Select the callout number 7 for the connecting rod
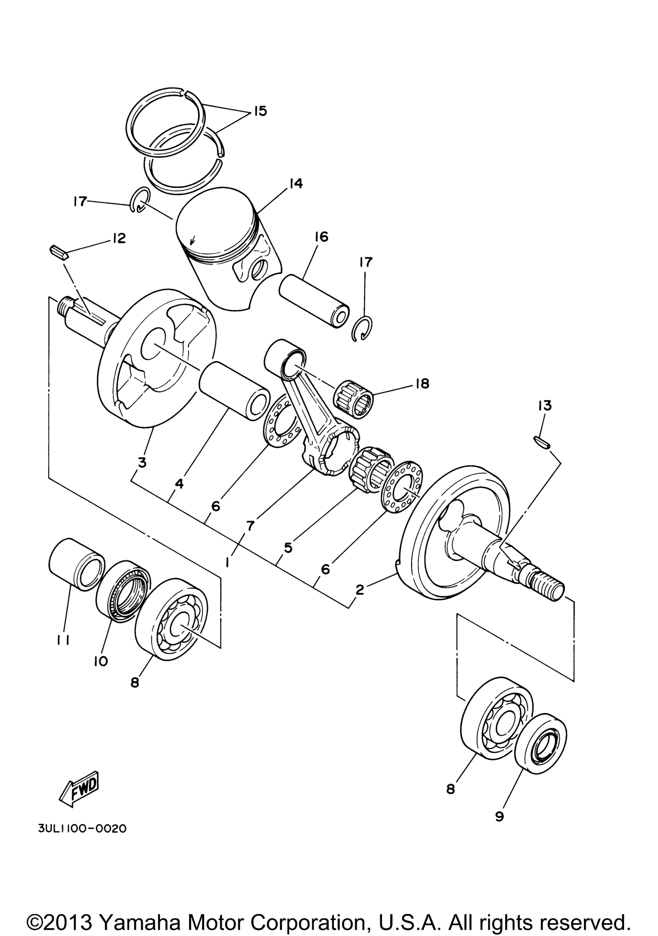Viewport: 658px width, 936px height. (x=250, y=525)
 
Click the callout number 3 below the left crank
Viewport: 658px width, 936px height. (x=142, y=463)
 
